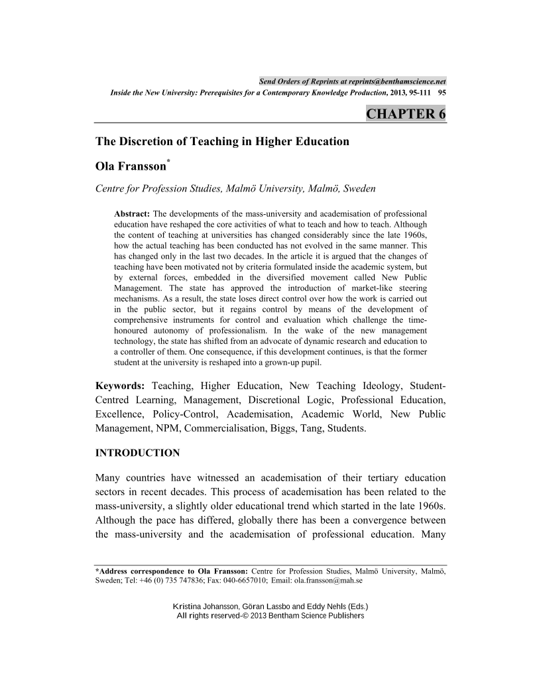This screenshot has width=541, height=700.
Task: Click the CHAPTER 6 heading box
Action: click(x=406, y=113)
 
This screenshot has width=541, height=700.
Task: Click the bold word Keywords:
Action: click(x=121, y=386)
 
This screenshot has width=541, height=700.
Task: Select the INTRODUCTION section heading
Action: click(x=138, y=453)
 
